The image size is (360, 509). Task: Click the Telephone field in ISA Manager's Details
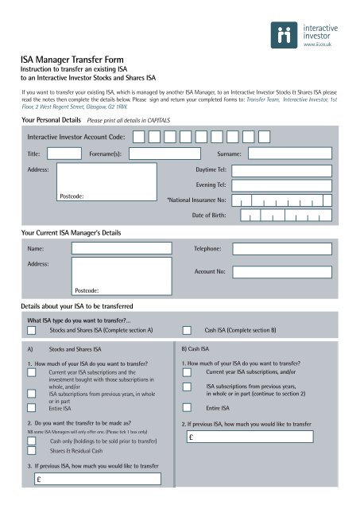click(x=287, y=249)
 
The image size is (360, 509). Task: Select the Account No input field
click(x=287, y=271)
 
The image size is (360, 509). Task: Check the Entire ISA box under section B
click(x=188, y=407)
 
